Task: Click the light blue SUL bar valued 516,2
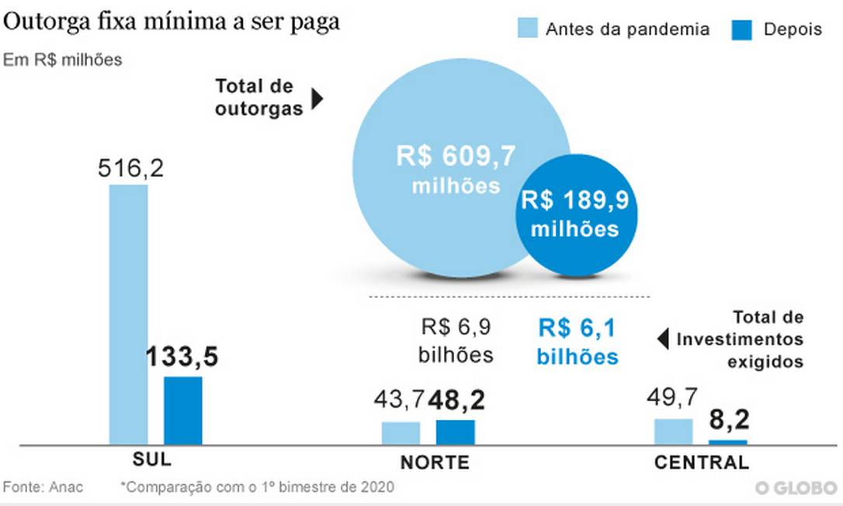(x=128, y=314)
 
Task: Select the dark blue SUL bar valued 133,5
(x=182, y=411)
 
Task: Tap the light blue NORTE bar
(x=401, y=433)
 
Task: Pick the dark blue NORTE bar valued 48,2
(x=455, y=432)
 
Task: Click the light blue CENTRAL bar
(x=673, y=431)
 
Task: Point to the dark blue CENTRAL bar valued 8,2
(x=727, y=442)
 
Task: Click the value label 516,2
(x=130, y=168)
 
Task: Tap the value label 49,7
(x=671, y=398)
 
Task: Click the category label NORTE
(x=435, y=463)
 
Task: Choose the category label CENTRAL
(x=702, y=463)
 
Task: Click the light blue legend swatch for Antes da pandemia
(x=527, y=29)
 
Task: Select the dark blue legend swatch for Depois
(x=741, y=29)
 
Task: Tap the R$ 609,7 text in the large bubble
(x=456, y=156)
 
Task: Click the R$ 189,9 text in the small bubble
(x=574, y=200)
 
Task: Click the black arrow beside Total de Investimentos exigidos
(x=662, y=339)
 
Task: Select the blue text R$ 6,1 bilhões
(x=578, y=342)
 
